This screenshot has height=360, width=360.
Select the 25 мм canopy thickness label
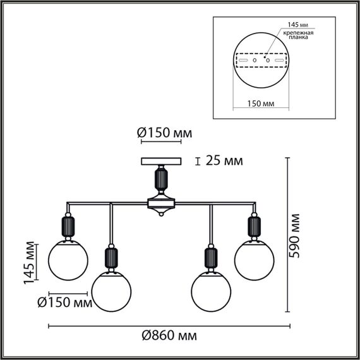pyautogui.click(x=224, y=161)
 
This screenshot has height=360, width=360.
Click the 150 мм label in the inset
pyautogui.click(x=259, y=103)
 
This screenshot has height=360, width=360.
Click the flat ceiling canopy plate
pyautogui.click(x=161, y=161)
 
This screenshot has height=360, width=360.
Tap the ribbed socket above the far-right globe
pyautogui.click(x=253, y=227)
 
